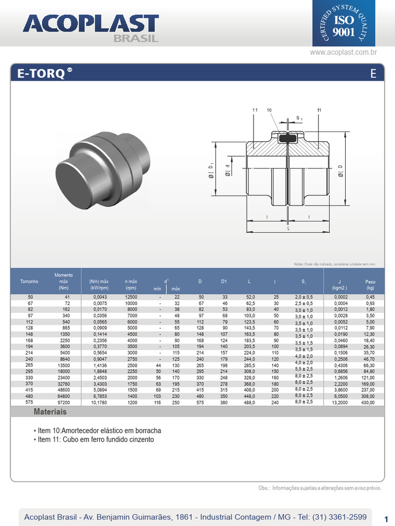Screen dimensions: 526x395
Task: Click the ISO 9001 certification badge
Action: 344,24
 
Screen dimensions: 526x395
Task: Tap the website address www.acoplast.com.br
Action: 344,52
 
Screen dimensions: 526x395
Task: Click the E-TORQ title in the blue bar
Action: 41,73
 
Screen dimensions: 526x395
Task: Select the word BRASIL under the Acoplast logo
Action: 136,38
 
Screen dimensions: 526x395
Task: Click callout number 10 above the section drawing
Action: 269,110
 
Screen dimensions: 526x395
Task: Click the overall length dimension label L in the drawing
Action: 288,228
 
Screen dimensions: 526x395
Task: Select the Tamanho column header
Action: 29,281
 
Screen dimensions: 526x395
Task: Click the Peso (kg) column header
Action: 370,285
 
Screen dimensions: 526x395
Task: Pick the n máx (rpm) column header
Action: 131,285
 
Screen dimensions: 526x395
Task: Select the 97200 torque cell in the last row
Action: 64,403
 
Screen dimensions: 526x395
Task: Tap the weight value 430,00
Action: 368,403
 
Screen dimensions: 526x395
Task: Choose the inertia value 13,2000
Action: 340,403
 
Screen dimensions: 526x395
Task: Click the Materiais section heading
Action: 50,412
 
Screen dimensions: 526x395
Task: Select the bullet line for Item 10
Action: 97,430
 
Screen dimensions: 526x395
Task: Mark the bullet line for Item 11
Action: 94,440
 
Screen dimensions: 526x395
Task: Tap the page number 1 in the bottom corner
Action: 386,518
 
